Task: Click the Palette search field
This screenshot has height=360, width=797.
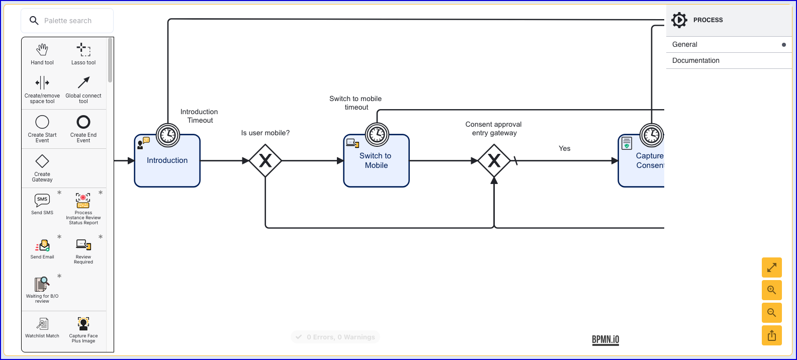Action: pos(67,21)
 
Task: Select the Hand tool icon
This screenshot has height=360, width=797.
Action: pos(42,49)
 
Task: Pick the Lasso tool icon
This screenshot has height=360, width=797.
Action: pos(83,49)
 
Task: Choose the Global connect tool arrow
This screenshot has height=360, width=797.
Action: pos(83,82)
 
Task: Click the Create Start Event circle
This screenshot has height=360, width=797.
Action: pos(42,122)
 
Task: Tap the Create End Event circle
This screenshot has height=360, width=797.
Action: pos(83,122)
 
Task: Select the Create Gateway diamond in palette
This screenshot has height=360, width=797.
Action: pos(42,161)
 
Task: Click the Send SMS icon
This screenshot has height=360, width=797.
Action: pos(42,200)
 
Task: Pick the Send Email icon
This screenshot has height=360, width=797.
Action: pos(42,245)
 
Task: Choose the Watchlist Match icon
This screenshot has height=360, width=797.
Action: pos(42,324)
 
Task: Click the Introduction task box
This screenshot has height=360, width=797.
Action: pos(167,160)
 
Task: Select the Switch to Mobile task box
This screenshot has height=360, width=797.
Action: pos(376,160)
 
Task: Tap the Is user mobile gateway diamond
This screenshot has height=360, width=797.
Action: pos(265,161)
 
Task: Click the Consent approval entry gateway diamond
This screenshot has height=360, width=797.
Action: pos(494,161)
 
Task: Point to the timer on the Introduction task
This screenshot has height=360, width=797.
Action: pos(167,135)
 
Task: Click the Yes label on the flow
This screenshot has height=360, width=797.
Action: pos(564,148)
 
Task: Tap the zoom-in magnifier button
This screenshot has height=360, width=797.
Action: pos(772,290)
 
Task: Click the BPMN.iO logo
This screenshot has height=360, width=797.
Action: pos(605,340)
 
